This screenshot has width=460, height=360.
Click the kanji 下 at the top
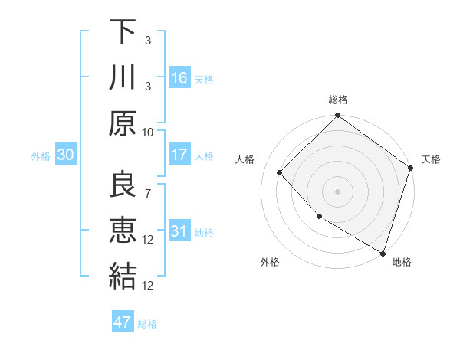123,33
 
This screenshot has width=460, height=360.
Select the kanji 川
123,78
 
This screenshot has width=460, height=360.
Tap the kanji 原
123,123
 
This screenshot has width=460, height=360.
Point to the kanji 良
123,184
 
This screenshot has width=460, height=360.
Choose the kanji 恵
123,229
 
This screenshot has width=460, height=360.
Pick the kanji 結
123,275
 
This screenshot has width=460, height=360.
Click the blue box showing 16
179,78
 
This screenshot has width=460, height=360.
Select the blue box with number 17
179,155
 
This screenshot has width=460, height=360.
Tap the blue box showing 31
179,231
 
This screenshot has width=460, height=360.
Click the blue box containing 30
65,155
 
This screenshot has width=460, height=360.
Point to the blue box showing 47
123,322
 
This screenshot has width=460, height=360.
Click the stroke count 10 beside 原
148,132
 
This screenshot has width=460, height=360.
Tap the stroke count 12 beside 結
148,285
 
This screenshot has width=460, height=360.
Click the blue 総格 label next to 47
147,324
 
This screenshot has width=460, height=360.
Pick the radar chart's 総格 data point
337,117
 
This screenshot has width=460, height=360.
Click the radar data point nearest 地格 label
383,252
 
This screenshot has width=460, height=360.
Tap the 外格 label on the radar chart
270,263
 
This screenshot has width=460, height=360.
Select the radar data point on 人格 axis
280,172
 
